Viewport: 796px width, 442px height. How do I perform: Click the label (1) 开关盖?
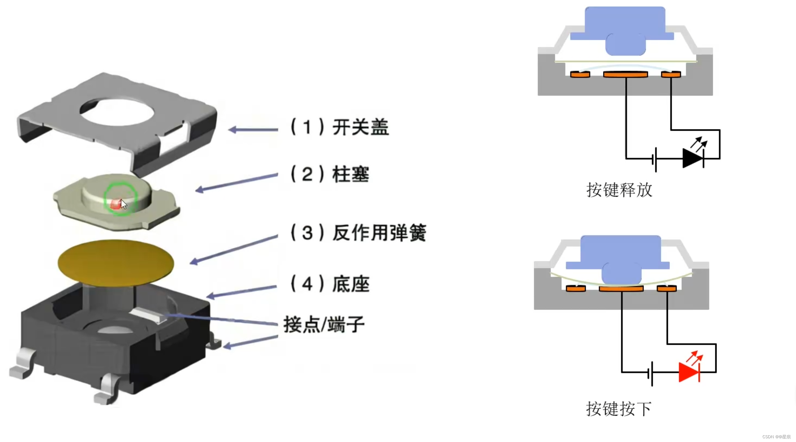click(x=340, y=127)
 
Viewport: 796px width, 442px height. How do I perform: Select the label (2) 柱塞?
click(x=330, y=174)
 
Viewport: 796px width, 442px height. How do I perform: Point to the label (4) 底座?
click(x=330, y=284)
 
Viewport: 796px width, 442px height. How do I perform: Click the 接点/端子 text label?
click(x=324, y=324)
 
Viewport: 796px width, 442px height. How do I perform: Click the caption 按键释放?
click(x=619, y=190)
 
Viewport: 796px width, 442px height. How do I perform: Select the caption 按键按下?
click(x=619, y=409)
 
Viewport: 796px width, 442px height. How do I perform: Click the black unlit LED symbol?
click(x=693, y=158)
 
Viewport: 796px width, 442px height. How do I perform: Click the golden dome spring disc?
click(x=116, y=263)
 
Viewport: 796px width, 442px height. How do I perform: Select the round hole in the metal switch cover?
click(x=117, y=112)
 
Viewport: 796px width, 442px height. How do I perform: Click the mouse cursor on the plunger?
click(x=124, y=204)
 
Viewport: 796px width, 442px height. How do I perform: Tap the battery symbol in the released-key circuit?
click(x=655, y=159)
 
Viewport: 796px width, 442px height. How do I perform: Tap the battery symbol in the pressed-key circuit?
click(x=651, y=373)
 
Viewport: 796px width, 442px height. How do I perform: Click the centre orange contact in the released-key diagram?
click(x=625, y=74)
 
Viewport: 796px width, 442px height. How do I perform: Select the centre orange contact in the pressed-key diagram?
click(x=621, y=289)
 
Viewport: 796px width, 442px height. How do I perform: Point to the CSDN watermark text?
click(x=776, y=437)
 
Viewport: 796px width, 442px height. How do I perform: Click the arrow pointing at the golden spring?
click(x=233, y=249)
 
